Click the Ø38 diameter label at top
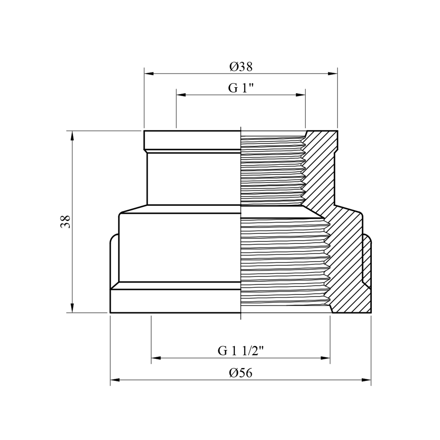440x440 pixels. pyautogui.click(x=241, y=67)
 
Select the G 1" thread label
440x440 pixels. pyautogui.click(x=241, y=88)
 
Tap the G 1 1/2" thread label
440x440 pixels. pyautogui.click(x=241, y=351)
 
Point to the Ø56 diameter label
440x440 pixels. pyautogui.click(x=241, y=373)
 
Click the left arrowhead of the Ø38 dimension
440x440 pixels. pyautogui.click(x=149, y=74)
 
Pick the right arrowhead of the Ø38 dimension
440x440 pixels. pyautogui.click(x=333, y=74)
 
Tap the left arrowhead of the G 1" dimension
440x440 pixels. pyautogui.click(x=181, y=95)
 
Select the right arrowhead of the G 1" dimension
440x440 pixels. pyautogui.click(x=301, y=95)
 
